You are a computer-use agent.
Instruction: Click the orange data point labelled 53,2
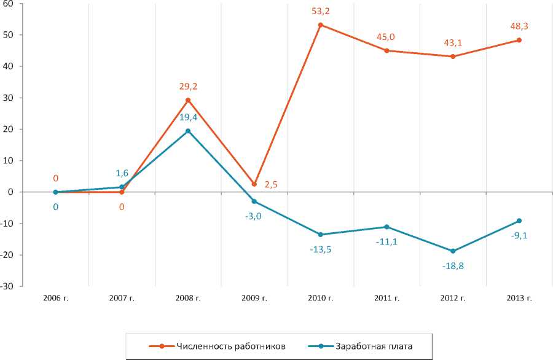(x=321, y=25)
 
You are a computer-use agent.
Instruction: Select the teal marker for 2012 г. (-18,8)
(x=453, y=251)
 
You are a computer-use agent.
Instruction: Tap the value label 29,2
(x=188, y=87)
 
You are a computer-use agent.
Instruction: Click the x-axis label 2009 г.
(x=254, y=298)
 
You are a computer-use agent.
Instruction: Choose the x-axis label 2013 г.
(x=519, y=298)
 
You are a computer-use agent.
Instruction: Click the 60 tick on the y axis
(x=10, y=4)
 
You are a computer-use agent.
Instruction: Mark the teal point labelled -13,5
(x=321, y=235)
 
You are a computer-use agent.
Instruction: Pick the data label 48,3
(x=519, y=27)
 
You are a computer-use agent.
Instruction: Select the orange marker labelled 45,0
(x=386, y=50)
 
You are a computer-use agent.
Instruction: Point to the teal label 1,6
(x=122, y=174)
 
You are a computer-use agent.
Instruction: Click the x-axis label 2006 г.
(x=55, y=298)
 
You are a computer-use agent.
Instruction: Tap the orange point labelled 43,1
(x=453, y=57)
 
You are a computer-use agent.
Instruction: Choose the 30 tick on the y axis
(x=10, y=98)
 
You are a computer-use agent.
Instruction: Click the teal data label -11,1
(x=386, y=241)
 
